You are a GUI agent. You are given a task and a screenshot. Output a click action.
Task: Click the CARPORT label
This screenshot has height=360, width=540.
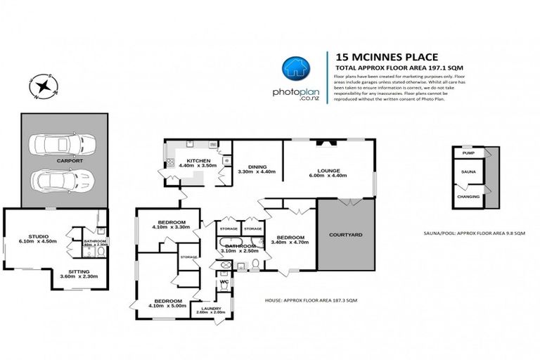[x=70, y=161]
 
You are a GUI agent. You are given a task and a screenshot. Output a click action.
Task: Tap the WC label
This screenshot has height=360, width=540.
[x=224, y=283]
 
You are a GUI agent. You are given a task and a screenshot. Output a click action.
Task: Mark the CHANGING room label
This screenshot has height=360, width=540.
[x=468, y=196]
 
